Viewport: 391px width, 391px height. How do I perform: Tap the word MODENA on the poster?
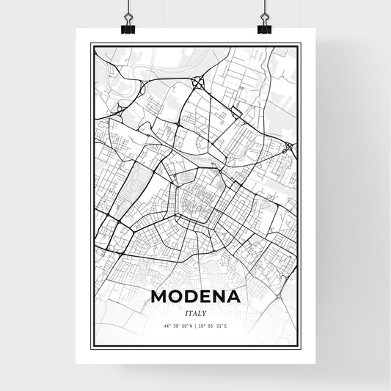coord(196,297)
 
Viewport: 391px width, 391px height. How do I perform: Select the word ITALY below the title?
coord(196,313)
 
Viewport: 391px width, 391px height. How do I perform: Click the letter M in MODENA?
coord(160,297)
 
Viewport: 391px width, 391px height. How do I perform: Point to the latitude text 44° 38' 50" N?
coord(178,325)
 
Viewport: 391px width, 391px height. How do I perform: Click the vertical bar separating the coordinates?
coord(196,325)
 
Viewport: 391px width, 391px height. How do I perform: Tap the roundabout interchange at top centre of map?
coord(197,82)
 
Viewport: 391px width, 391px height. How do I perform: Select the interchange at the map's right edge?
coord(289,147)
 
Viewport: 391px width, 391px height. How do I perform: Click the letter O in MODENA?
coord(176,297)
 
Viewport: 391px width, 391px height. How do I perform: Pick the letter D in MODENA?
coord(191,297)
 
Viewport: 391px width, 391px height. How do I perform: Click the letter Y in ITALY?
coord(206,313)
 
